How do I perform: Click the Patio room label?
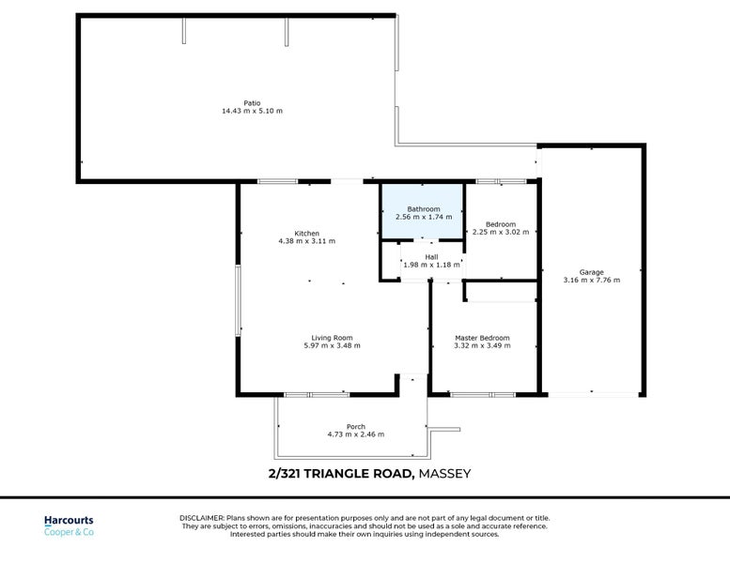252,103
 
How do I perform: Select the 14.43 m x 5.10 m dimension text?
252,111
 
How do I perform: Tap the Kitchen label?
306,234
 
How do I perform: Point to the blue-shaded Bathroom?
423,209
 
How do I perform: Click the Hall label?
431,257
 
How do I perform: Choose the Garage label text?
591,272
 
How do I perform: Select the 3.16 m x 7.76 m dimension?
591,280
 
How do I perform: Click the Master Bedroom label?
482,338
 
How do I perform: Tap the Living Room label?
332,338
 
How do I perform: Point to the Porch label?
355,427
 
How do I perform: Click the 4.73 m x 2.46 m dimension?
355,434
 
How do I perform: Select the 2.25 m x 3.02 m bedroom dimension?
501,232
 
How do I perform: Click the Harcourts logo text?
69,521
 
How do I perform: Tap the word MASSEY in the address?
444,474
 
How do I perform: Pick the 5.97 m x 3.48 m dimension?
332,345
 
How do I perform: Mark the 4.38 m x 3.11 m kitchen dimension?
306,241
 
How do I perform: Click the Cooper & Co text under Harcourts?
69,533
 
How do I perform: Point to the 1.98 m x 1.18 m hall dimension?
431,265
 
